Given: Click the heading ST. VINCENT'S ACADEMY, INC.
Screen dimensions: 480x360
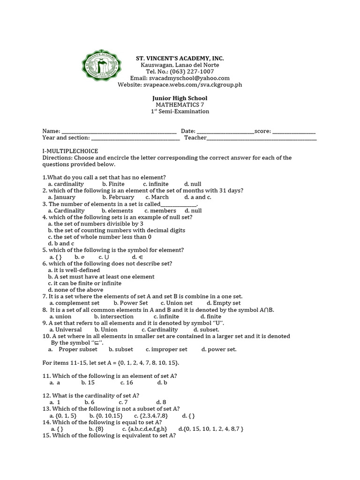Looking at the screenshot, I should [180, 58].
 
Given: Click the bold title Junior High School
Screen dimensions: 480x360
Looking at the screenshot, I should [180, 98].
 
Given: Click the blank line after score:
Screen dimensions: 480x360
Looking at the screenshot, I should [294, 132].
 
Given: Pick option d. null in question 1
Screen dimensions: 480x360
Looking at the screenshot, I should [193, 184].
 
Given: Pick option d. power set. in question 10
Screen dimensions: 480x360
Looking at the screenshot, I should [219, 349].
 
